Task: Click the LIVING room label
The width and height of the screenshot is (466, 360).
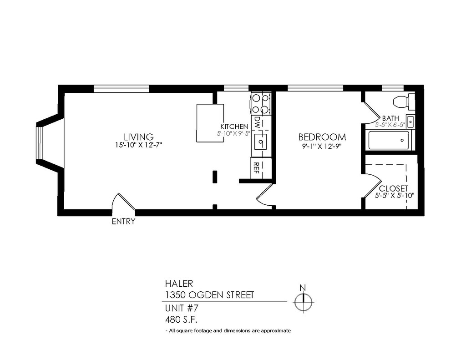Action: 139,137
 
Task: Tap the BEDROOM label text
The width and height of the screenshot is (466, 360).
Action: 322,137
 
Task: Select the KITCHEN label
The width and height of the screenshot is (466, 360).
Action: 234,127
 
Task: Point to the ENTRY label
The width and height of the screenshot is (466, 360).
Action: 123,222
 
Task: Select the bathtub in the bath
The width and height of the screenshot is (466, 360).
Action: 390,140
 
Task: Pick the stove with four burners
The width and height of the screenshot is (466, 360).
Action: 261,103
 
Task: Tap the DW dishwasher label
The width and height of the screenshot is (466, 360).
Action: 257,122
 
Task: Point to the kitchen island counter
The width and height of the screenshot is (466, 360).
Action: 210,123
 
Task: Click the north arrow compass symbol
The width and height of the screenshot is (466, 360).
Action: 303,301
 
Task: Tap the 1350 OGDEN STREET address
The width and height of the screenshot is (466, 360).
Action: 209,295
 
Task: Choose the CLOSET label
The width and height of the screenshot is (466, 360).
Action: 393,188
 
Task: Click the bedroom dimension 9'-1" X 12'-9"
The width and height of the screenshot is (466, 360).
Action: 322,147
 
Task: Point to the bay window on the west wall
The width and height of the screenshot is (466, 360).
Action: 40,143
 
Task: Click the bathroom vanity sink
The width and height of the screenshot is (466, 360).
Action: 410,122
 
